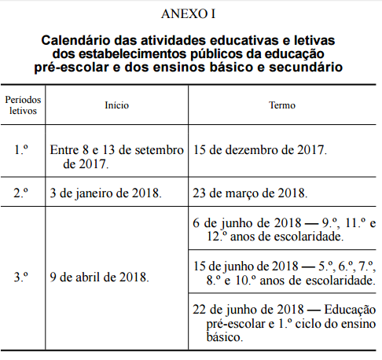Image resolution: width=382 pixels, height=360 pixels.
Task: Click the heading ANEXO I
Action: pos(191,14)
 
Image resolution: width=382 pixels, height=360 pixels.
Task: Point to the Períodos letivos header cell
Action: pos(24,105)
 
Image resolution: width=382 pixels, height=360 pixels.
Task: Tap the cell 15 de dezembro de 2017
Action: pos(259,149)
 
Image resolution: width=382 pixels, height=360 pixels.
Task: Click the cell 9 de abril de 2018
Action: pos(98,277)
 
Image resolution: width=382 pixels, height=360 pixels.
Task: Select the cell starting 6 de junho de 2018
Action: pos(283,228)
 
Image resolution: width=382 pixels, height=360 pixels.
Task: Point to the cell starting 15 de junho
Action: pos(283,272)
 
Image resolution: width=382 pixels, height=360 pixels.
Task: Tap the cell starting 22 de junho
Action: pos(283,321)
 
